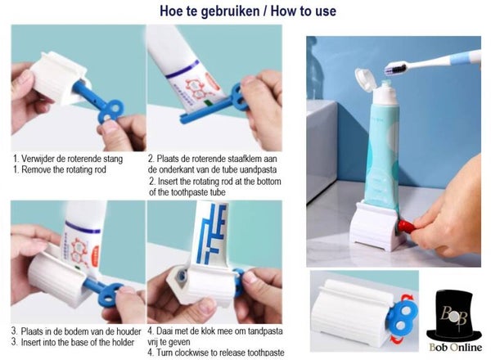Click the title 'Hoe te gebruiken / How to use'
(248, 11)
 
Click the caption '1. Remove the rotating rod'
(60, 169)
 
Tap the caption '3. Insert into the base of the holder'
(73, 342)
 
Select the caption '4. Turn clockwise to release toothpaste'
(216, 353)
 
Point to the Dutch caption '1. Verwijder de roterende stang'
(68, 159)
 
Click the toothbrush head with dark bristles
(395, 68)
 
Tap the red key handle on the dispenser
(407, 225)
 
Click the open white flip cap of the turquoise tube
(365, 79)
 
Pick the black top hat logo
(453, 315)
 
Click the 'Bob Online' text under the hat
(455, 347)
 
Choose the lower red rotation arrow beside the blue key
(397, 340)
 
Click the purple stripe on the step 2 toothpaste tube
(182, 70)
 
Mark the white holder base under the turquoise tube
(377, 227)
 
